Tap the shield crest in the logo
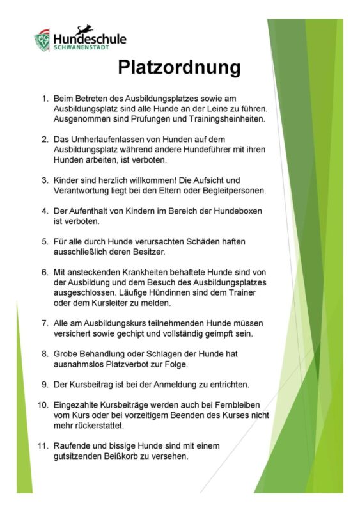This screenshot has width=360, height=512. [42, 40]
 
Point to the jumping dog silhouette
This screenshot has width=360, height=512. [84, 29]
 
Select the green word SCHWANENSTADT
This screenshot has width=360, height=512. [81, 48]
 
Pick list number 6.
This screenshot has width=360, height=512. [45, 272]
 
